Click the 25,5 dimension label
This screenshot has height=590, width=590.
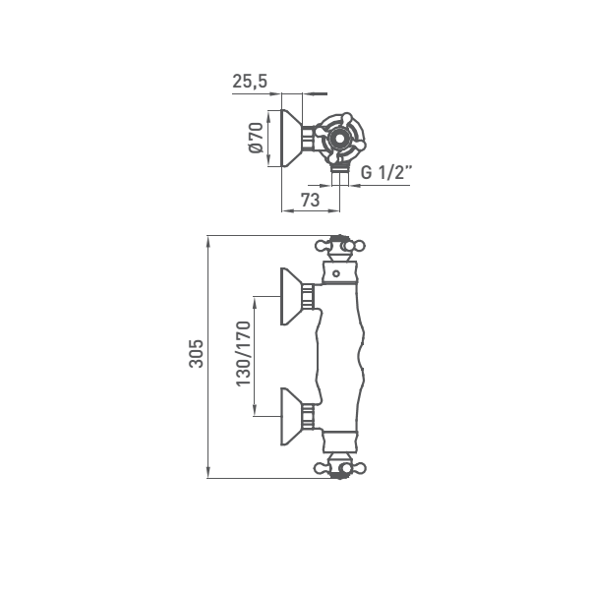tap(250, 82)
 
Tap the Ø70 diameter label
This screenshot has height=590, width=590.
tap(257, 138)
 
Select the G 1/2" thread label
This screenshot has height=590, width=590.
tap(386, 172)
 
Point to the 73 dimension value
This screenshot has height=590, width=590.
tap(311, 200)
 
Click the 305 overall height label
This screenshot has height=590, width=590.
tap(196, 354)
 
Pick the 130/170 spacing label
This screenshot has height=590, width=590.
tap(243, 354)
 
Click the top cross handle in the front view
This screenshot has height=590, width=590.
tap(340, 246)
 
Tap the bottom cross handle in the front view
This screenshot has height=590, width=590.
tap(340, 468)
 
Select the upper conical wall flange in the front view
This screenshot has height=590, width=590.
tap(291, 296)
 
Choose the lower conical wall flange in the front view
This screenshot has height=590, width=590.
tap(291, 417)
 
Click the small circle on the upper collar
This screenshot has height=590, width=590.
tap(336, 273)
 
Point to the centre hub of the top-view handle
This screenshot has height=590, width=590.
tap(340, 139)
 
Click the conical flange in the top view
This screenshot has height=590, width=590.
tap(292, 138)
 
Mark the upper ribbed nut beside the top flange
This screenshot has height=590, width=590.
tap(308, 296)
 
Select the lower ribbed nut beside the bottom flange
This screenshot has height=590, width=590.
tap(308, 417)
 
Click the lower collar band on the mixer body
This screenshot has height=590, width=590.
tap(340, 442)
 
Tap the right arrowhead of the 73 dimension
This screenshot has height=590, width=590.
tap(334, 210)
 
